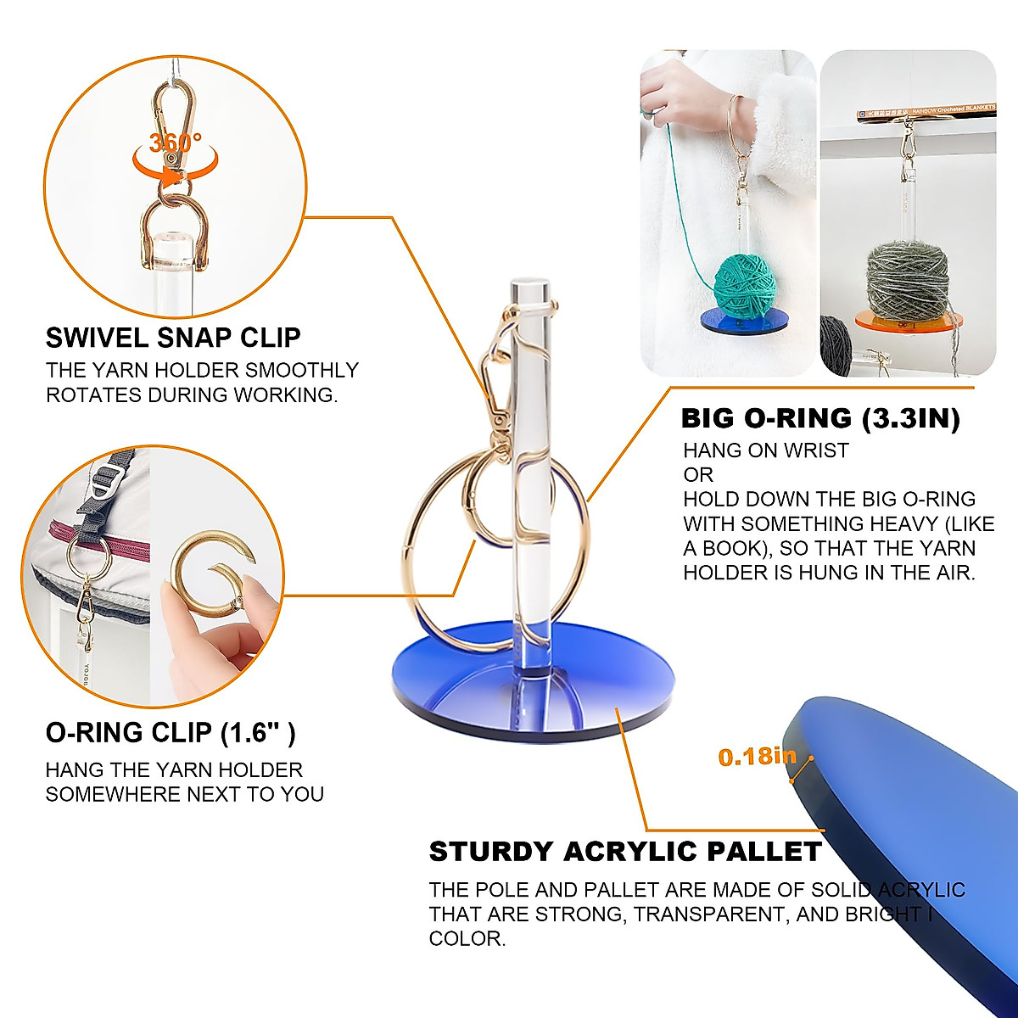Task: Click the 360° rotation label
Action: coord(176,142)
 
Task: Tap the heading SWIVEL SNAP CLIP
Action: coord(173,338)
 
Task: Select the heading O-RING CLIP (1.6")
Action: coord(171,732)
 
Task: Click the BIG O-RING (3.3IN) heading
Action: coord(820,418)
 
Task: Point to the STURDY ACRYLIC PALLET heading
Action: coord(625,851)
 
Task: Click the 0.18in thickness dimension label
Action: coord(758,757)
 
